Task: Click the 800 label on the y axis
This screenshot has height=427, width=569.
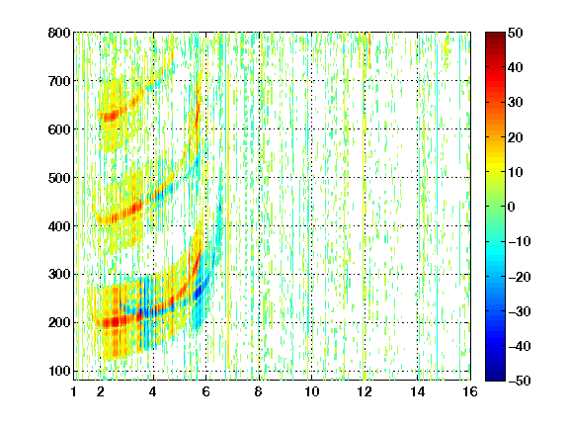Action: click(59, 33)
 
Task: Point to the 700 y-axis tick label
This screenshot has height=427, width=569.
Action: click(59, 81)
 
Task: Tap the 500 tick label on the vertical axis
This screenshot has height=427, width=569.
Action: click(59, 178)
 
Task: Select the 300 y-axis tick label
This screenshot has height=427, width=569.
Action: click(59, 274)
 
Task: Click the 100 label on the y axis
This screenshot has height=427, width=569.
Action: click(59, 371)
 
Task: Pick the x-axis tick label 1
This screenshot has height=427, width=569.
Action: click(74, 391)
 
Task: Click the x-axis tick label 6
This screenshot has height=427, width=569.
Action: click(206, 391)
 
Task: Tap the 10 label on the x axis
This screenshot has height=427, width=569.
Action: click(312, 391)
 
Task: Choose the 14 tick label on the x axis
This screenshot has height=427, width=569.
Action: click(418, 391)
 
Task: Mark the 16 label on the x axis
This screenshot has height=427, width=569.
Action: click(470, 391)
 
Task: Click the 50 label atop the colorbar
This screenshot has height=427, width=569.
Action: click(516, 33)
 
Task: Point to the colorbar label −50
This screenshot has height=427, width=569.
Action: click(520, 381)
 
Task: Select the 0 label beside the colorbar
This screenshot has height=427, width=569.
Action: click(512, 207)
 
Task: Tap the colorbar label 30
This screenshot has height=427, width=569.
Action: click(516, 103)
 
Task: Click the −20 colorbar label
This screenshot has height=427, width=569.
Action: click(520, 277)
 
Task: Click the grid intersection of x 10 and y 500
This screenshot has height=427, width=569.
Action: click(312, 178)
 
